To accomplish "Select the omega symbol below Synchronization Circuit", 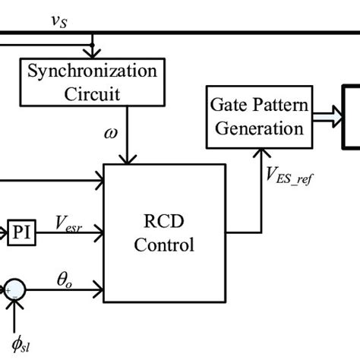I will click(112, 134).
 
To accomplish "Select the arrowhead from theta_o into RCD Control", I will click(99, 289).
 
